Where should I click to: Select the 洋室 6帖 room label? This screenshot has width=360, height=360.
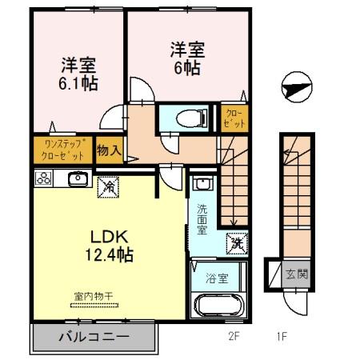[x=186, y=58]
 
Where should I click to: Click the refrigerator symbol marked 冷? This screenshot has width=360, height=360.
[x=107, y=186]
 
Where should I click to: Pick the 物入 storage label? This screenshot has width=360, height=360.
[x=109, y=150]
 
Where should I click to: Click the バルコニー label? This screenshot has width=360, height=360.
[x=93, y=337]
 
